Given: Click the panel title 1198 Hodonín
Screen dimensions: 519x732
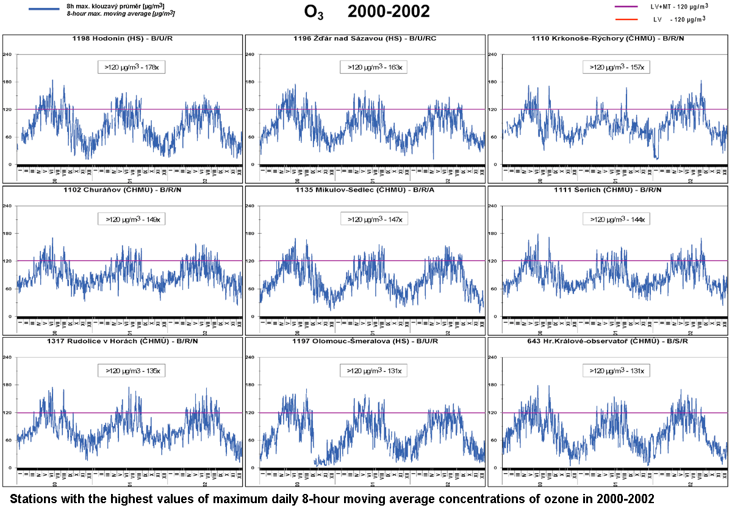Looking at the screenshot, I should coord(122,39).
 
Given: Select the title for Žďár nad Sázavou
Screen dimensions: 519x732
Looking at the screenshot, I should coord(364,39).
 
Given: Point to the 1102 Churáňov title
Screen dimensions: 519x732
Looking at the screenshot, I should coord(122,191).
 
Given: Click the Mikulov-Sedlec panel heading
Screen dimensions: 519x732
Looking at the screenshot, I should coord(364,191).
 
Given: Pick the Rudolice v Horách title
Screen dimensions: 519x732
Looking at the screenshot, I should coord(122,341).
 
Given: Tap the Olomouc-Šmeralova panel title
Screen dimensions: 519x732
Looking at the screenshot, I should coord(364,341).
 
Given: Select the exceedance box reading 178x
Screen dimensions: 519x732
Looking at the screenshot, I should coord(132,67).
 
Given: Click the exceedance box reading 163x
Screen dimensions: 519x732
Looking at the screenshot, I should coord(374,67).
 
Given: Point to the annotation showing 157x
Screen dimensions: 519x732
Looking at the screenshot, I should coord(616,67).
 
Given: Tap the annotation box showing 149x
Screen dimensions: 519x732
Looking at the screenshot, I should coord(132,219).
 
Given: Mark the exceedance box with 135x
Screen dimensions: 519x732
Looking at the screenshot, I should coord(132,370).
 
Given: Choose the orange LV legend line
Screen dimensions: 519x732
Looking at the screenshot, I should coord(626,20).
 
